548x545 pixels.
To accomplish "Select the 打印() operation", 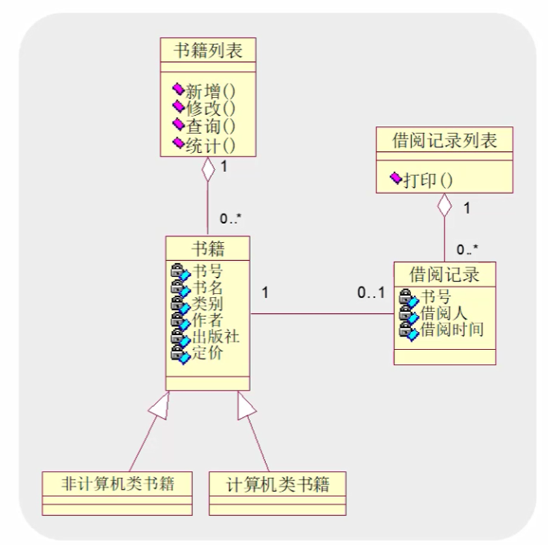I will point(428,180).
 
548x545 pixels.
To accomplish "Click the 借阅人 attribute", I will point(443,313).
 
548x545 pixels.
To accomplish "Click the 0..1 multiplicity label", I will point(371,292).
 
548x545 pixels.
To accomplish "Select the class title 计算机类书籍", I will point(278,485).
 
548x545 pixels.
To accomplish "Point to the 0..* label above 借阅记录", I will point(467,249).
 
